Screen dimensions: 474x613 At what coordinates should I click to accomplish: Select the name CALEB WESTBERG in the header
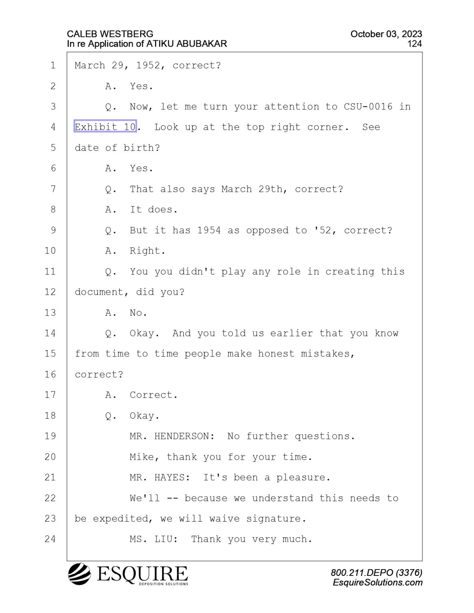110,34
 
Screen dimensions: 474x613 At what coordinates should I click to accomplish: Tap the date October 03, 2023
386,34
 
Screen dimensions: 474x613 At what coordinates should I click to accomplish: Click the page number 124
415,44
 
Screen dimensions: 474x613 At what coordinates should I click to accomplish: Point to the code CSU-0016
368,106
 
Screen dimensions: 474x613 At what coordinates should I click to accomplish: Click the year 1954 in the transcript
209,230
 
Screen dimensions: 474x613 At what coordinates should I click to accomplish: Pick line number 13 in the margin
50,312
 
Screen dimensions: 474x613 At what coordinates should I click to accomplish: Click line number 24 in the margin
50,539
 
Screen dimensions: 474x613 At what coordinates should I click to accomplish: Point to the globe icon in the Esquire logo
79,573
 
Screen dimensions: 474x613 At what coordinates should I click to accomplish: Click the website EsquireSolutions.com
377,583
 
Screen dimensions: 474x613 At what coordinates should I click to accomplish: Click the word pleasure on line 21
303,477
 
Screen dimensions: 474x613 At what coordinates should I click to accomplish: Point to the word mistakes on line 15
327,354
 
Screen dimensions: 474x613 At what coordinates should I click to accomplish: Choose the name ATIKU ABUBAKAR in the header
186,44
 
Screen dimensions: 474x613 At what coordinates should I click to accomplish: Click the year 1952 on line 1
148,65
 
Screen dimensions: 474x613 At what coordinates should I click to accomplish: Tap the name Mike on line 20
141,457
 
